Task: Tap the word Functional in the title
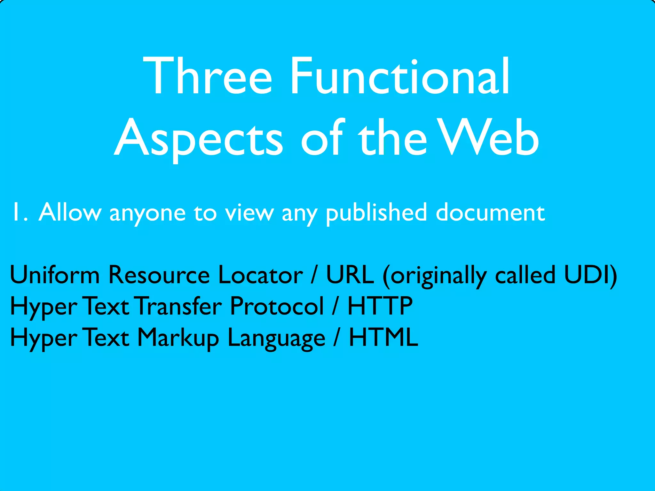400,77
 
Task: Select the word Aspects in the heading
198,139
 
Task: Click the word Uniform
55,275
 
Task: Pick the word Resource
159,275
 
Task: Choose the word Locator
260,275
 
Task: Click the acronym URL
350,275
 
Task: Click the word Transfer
179,306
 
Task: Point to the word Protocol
277,306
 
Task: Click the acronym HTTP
380,306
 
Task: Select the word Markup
178,338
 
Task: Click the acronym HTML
383,338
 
